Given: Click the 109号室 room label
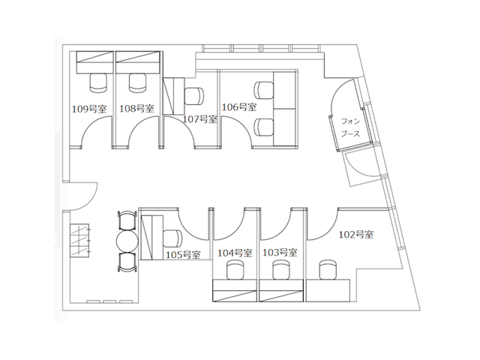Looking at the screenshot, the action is pyautogui.click(x=89, y=109).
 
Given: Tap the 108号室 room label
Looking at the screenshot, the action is pyautogui.click(x=136, y=109).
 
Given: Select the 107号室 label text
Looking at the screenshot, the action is pyautogui.click(x=200, y=119).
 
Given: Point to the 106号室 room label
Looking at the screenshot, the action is pyautogui.click(x=239, y=107).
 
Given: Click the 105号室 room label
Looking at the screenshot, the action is pyautogui.click(x=183, y=255).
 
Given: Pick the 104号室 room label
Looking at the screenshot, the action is pyautogui.click(x=235, y=253).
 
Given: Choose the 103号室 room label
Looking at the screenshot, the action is pyautogui.click(x=280, y=253).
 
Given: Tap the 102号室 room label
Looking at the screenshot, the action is pyautogui.click(x=356, y=235).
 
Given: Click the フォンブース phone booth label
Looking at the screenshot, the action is pyautogui.click(x=350, y=127).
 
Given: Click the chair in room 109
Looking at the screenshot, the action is pyautogui.click(x=98, y=82).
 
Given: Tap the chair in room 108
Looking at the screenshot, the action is pyautogui.click(x=138, y=82).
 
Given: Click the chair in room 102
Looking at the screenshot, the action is pyautogui.click(x=328, y=270).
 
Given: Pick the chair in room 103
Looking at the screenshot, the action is pyautogui.click(x=282, y=270).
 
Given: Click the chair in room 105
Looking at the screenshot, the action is pyautogui.click(x=173, y=238).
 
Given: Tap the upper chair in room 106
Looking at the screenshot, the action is pyautogui.click(x=264, y=90).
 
